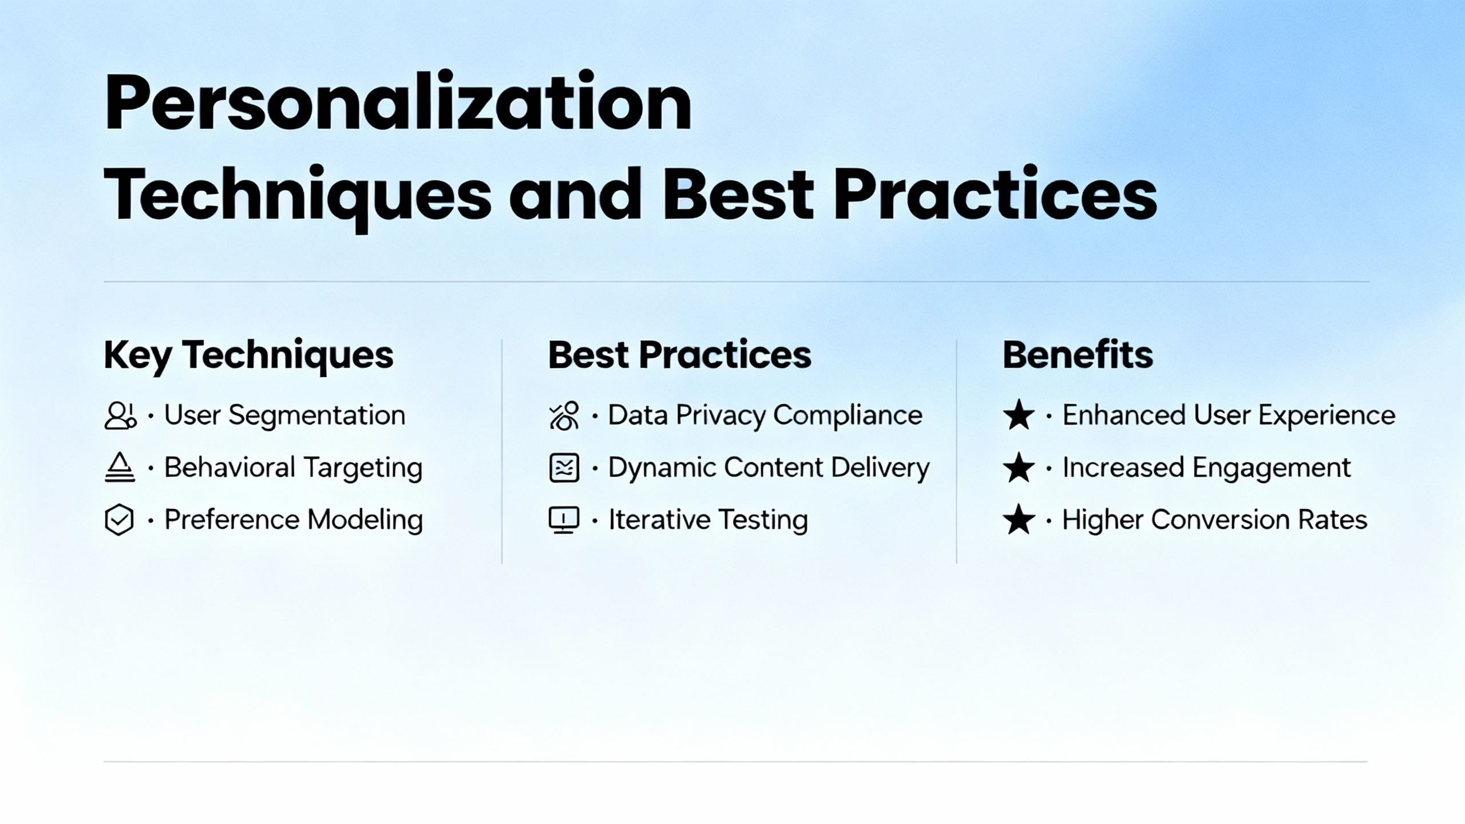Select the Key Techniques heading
(x=248, y=355)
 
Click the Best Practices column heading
(x=680, y=355)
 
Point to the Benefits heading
(x=1078, y=355)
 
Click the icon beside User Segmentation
(x=120, y=415)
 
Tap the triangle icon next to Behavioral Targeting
(x=120, y=468)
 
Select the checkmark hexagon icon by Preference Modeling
(x=120, y=520)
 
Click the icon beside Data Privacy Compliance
(x=564, y=415)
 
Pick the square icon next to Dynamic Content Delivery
(x=564, y=468)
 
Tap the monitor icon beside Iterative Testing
(x=564, y=520)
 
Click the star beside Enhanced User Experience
(x=1019, y=415)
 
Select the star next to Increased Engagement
(x=1019, y=468)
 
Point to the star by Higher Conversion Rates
(x=1019, y=520)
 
